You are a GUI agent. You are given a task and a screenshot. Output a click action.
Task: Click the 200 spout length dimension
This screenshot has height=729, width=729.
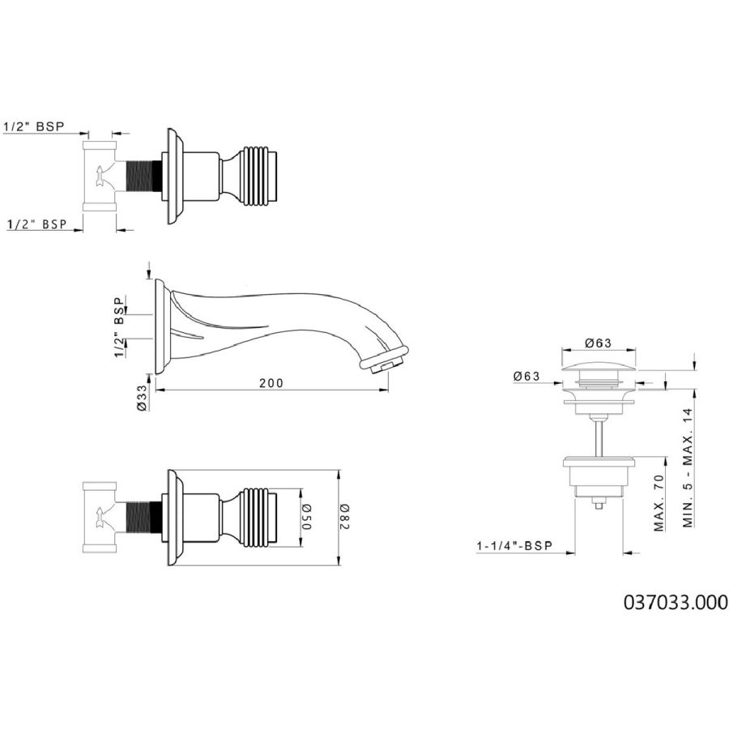(271, 383)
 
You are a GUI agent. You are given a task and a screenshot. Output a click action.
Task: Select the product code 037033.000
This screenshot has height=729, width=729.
(676, 602)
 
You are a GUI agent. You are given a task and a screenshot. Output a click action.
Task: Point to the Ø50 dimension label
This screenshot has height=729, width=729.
(308, 517)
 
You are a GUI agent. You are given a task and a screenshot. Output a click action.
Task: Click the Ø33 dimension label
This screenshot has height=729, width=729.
(142, 398)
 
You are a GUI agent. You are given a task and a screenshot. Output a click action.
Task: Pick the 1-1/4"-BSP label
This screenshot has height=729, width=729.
(514, 546)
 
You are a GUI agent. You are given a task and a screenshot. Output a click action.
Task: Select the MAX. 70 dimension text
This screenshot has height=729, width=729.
(659, 502)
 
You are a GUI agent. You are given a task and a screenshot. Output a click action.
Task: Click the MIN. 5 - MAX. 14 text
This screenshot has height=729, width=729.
(688, 467)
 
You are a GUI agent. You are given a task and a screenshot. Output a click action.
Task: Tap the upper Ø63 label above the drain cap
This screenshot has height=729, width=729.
(598, 343)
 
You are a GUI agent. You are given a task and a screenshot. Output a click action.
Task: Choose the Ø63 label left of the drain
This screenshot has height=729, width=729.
(526, 376)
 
